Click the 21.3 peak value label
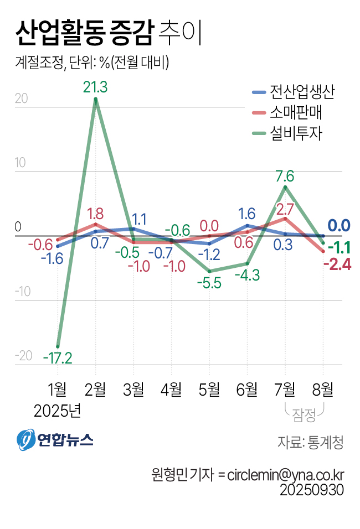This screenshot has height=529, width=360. coord(95,87)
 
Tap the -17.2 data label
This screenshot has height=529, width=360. coord(58,359)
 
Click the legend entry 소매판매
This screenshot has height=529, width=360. coord(288,113)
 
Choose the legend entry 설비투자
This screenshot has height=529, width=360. coord(288,133)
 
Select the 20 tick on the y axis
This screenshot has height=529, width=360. coord(22,99)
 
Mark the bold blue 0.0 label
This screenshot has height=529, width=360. coord(338,225)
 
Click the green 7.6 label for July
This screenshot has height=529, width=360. coord(285,177)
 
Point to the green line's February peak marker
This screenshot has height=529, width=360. coord(96,100)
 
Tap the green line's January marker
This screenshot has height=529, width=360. coord(58,346)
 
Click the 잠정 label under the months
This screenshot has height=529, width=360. coord(304,412)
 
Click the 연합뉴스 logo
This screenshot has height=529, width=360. coord(55,439)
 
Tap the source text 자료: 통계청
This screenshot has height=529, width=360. coord(310,442)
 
